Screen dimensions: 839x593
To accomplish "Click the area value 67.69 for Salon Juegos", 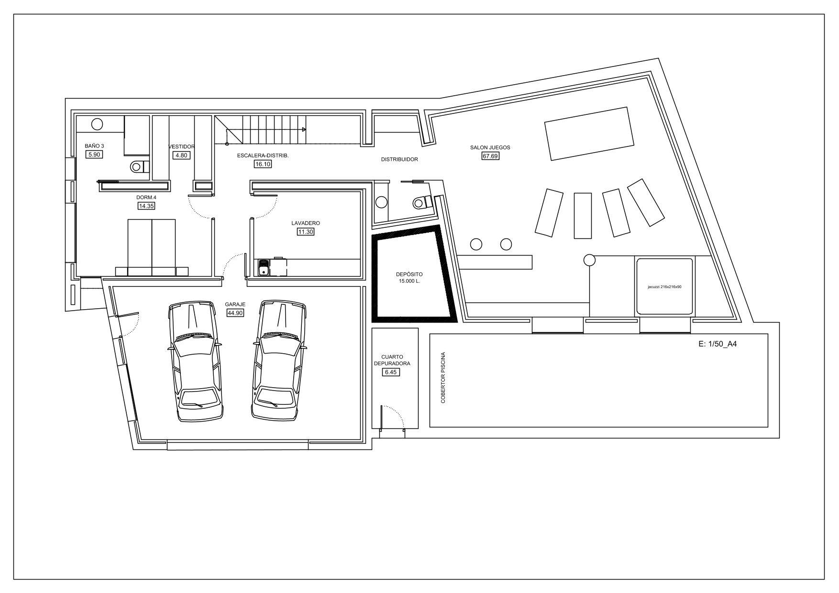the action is point(490,156).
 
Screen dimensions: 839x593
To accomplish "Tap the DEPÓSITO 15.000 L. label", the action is point(409,278).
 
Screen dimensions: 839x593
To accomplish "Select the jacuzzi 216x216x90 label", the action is point(664,287).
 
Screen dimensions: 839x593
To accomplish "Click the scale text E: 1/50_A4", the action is point(718,343).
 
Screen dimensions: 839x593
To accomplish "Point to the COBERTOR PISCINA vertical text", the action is point(443,378).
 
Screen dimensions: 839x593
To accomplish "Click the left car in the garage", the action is point(195,361).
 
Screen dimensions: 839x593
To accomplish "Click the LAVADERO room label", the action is point(306,223).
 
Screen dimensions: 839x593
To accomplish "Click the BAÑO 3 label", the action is point(94,146).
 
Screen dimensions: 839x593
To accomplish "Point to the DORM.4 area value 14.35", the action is point(146,206).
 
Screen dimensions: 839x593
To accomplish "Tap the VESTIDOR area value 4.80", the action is point(181,155).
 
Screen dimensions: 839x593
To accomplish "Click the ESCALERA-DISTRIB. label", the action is point(263,156).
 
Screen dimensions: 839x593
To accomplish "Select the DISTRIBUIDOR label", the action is point(399,159).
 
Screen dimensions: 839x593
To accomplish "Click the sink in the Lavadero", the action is point(263,268).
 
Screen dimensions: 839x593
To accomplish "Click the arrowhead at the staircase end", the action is point(304,130).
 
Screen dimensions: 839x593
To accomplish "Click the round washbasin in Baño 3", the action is point(97,124).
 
